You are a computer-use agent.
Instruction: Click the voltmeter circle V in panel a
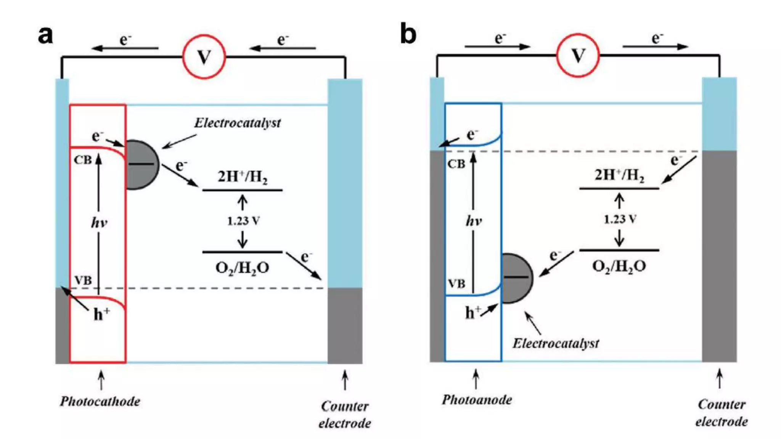(204, 57)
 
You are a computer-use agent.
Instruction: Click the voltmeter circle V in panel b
(578, 56)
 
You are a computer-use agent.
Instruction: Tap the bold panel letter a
(45, 35)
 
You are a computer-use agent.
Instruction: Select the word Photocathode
(100, 401)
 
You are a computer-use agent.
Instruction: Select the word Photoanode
(477, 400)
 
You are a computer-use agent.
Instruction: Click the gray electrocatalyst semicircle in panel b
(516, 278)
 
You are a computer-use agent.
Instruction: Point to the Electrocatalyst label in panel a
(237, 123)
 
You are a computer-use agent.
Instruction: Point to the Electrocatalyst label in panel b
(555, 343)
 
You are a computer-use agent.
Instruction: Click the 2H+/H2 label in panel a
(242, 177)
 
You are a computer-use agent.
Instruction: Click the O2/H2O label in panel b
(619, 266)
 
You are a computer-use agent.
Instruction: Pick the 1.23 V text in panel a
(243, 221)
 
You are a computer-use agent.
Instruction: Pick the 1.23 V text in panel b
(620, 219)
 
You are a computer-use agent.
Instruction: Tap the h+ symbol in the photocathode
(101, 314)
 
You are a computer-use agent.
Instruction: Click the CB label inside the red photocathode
(83, 160)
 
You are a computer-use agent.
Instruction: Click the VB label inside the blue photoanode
(456, 284)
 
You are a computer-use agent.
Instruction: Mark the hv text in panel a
(99, 222)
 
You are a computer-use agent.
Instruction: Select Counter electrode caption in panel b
(721, 413)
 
